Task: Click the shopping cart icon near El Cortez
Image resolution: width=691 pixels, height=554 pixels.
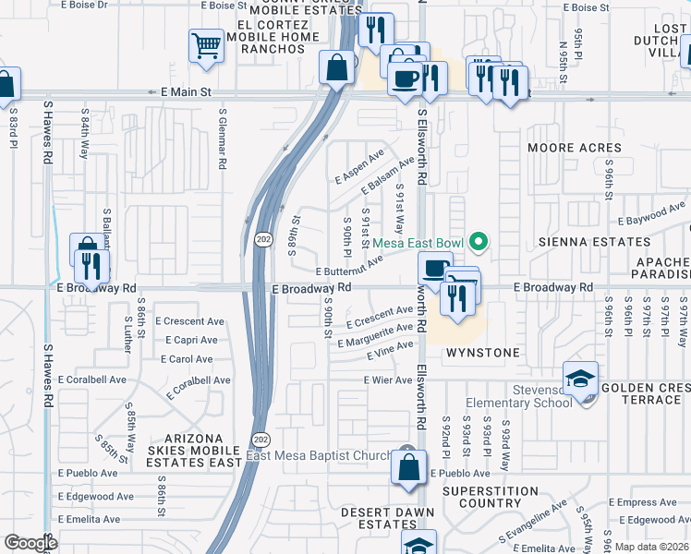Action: pos(206,45)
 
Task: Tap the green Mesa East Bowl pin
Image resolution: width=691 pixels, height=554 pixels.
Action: pos(478,243)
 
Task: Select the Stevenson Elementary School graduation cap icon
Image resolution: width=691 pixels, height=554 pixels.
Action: pos(580,379)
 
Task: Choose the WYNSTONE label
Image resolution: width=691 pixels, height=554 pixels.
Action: pos(479,353)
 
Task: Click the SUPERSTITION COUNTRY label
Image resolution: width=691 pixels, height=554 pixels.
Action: pos(494,497)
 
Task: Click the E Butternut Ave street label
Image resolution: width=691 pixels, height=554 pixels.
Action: pos(349,268)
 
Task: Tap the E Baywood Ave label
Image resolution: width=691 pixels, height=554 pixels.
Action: pos(655,217)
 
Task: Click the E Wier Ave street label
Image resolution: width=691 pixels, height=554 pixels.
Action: pos(388,379)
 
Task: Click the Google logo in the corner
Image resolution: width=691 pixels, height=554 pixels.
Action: pos(30,543)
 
